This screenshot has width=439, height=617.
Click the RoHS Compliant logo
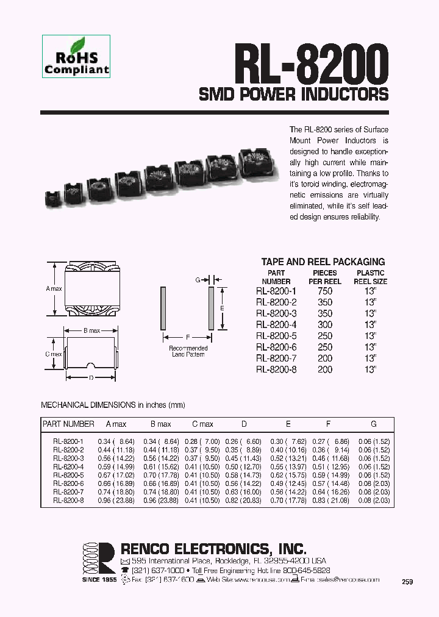76,56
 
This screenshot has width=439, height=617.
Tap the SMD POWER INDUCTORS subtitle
294,94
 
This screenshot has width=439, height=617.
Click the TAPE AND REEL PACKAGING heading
323,262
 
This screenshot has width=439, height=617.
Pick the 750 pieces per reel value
324,291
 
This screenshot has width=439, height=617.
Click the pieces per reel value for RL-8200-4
324,325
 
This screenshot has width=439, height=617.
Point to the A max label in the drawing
54,289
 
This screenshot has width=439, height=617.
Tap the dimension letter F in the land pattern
188,337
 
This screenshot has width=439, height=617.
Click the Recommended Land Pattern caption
188,352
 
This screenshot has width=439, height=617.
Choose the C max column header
202,424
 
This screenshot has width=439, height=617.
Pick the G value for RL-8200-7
373,491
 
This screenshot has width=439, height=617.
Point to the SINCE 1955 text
99,579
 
